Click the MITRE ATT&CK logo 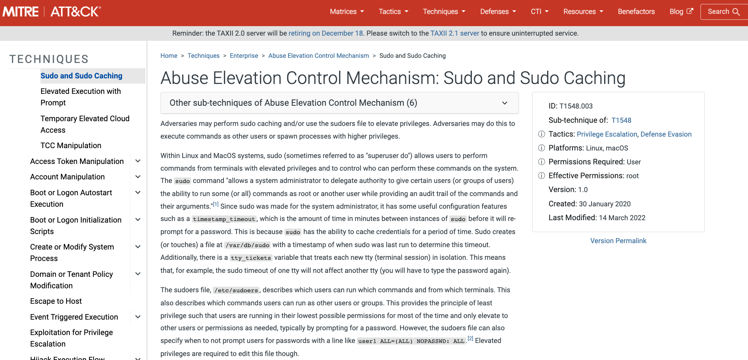pos(52,11)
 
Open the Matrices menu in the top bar pos(347,11)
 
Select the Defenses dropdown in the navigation pos(498,11)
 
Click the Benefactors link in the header pos(636,11)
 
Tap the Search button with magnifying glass pos(723,11)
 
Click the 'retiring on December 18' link pos(326,33)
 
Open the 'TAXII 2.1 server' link pos(455,33)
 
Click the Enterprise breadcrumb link pos(244,56)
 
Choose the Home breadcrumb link pos(169,56)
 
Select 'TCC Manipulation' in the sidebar pos(71,145)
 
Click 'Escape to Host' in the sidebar pos(56,301)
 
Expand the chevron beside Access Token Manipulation pos(138,161)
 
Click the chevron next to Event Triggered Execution pos(138,317)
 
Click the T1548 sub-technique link pos(621,120)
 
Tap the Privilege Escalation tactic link pos(607,134)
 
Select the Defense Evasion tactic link pos(666,134)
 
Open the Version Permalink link pos(618,241)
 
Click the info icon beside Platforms pos(542,148)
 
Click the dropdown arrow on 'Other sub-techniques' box pos(505,103)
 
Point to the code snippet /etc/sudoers pos(236,290)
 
